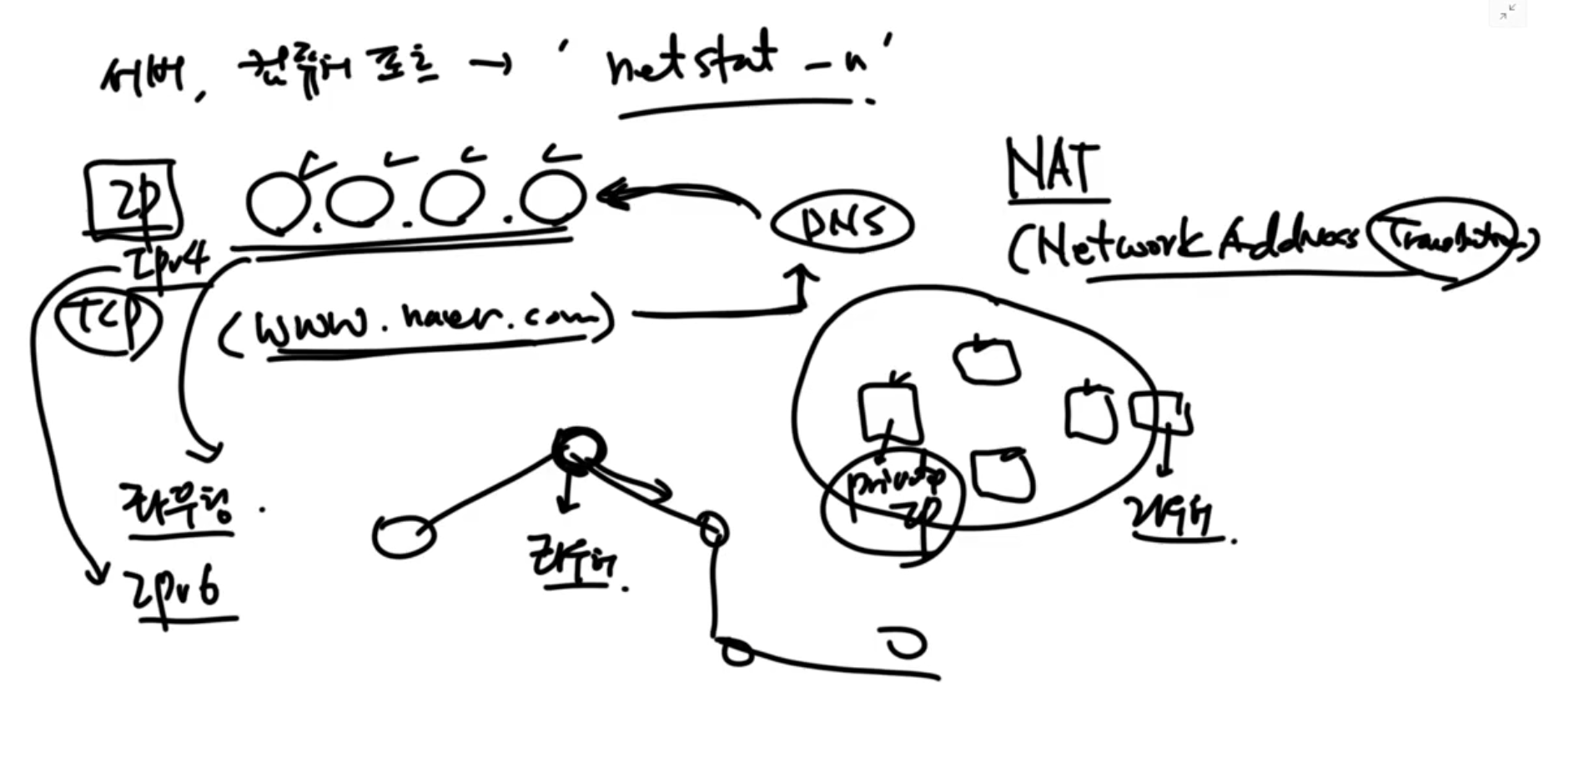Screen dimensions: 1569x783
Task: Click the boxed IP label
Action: pos(132,200)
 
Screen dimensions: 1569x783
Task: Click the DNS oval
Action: pos(842,223)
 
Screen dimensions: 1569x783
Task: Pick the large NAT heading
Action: pos(1053,170)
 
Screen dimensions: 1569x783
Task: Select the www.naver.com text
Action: pos(417,321)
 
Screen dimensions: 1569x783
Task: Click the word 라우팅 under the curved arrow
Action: pos(177,506)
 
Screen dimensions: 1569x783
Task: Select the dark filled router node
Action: pos(579,451)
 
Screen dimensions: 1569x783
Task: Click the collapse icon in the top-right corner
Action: pos(1507,12)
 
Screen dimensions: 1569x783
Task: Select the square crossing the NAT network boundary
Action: pos(1159,413)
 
